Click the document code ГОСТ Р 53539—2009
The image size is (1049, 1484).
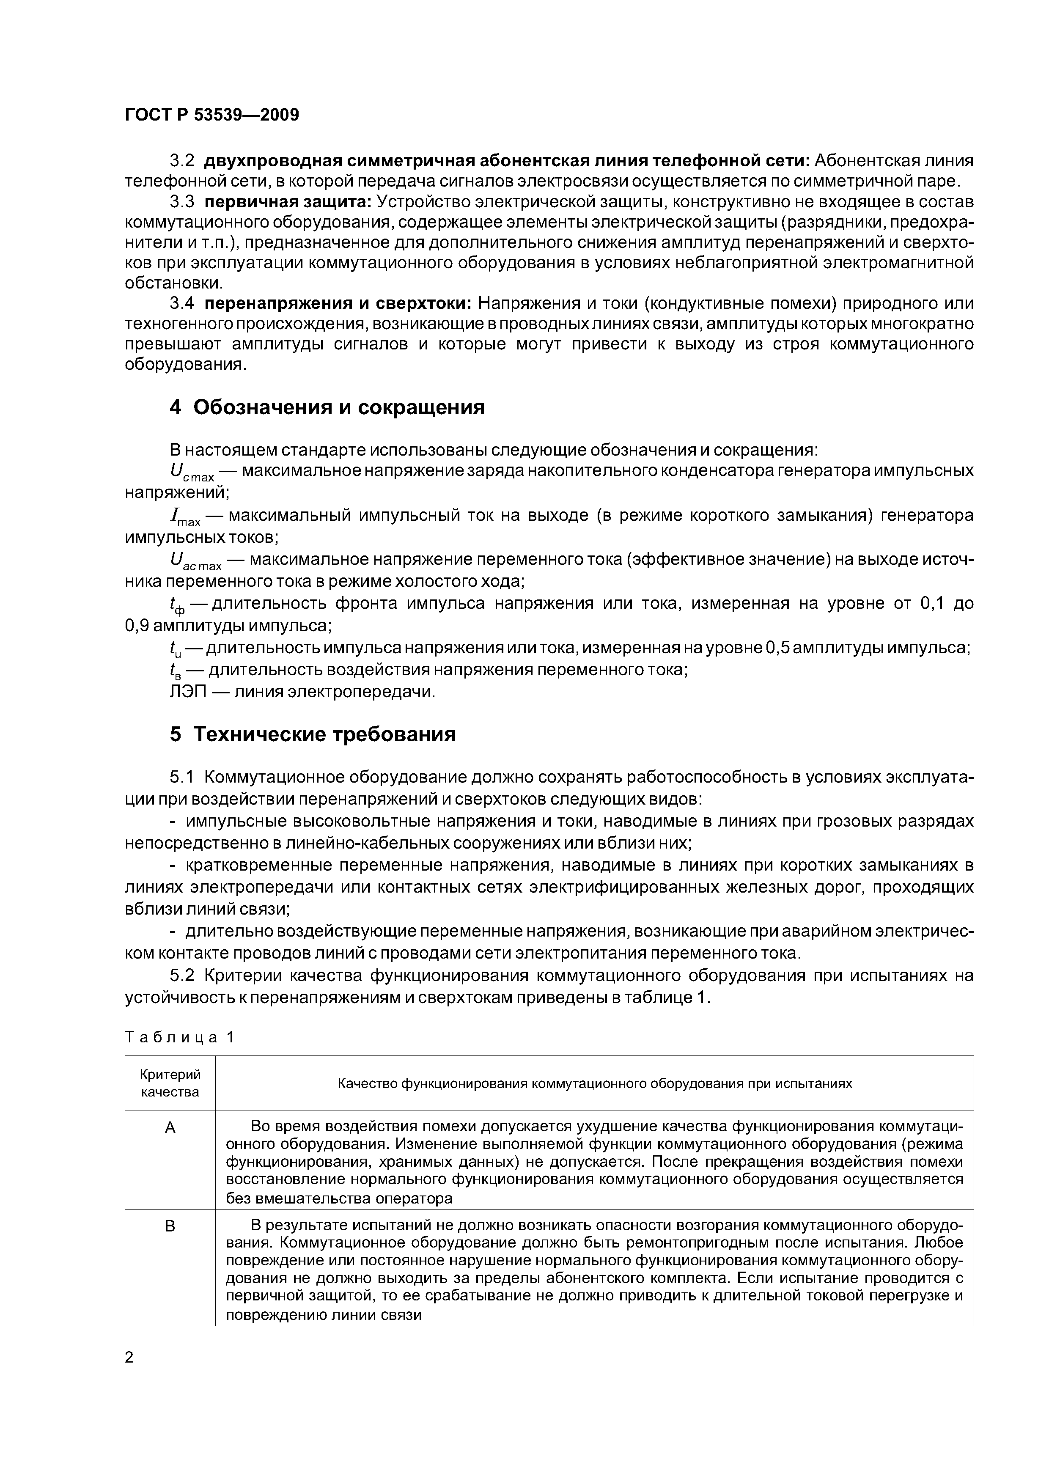click(211, 115)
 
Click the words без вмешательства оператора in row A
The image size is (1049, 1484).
click(339, 1199)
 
